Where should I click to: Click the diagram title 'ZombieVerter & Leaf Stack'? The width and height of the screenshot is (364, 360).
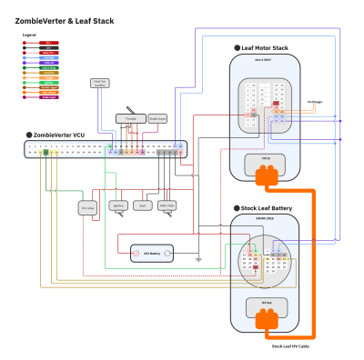coord(64,19)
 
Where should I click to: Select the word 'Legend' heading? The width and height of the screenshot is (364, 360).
coord(29,35)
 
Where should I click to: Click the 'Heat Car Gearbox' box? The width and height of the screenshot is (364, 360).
coord(100,84)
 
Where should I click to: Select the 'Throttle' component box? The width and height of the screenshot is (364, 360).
coord(129,118)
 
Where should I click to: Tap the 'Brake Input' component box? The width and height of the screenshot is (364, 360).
coord(157,118)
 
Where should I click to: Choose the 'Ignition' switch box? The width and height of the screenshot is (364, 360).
coord(118,206)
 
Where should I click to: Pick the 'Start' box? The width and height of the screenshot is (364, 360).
coord(143,206)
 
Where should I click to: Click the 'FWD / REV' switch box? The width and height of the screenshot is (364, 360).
coord(167,206)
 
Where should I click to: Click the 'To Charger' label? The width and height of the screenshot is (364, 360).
coord(315,102)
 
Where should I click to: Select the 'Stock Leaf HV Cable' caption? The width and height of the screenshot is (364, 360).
coord(290,346)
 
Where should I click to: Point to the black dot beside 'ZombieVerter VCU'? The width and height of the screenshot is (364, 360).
coord(28,134)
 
